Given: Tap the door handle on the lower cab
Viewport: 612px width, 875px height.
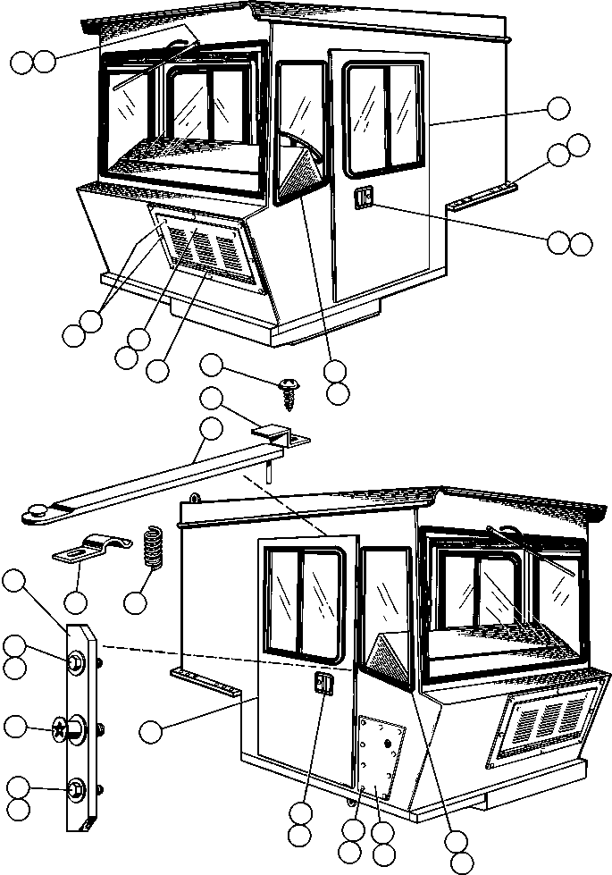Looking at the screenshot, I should tap(323, 686).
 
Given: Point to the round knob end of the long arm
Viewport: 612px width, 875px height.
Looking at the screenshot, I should tap(38, 510).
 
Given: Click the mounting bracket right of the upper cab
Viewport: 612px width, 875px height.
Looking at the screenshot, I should tap(482, 196).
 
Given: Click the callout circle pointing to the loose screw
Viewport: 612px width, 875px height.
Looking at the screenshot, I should tap(211, 365).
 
